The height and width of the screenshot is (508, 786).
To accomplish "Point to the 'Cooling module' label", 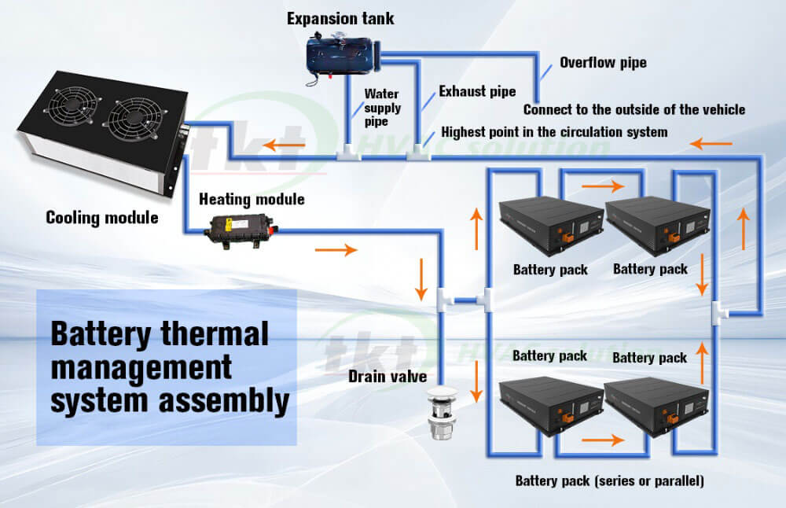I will (101, 217).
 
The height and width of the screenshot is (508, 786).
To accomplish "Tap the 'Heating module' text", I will (252, 200).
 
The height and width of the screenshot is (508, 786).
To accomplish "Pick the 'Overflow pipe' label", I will (603, 62).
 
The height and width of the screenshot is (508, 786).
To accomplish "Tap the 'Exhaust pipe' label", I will (477, 92).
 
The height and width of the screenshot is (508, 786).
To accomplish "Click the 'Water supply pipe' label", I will (382, 108).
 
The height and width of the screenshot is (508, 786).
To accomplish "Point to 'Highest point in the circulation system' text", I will (554, 131).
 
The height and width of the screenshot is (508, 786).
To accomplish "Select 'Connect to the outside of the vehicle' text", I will (634, 109).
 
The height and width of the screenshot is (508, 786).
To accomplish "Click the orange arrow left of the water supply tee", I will (274, 145).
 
